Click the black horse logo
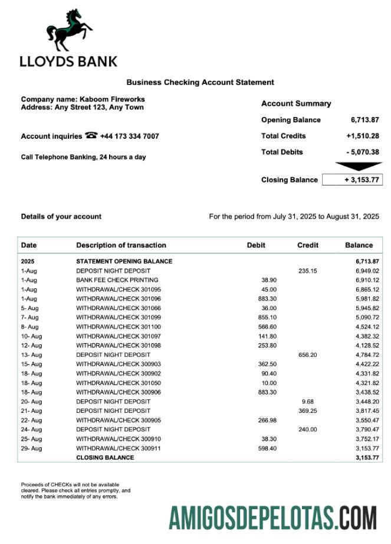pyautogui.click(x=70, y=30)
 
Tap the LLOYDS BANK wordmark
pyautogui.click(x=68, y=61)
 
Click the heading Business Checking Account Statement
pyautogui.click(x=200, y=83)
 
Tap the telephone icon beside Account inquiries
pyautogui.click(x=91, y=135)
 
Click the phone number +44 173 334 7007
pyautogui.click(x=129, y=136)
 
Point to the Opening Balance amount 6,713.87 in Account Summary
pyautogui.click(x=364, y=120)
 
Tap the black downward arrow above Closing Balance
pyautogui.click(x=351, y=167)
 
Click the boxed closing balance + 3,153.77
pyautogui.click(x=352, y=180)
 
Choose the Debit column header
pyautogui.click(x=256, y=245)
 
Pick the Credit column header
pyautogui.click(x=308, y=245)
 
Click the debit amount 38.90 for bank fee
pyautogui.click(x=268, y=280)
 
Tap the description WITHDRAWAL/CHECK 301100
pyautogui.click(x=118, y=327)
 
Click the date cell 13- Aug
pyautogui.click(x=31, y=355)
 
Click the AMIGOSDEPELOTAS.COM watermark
pyautogui.click(x=272, y=518)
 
